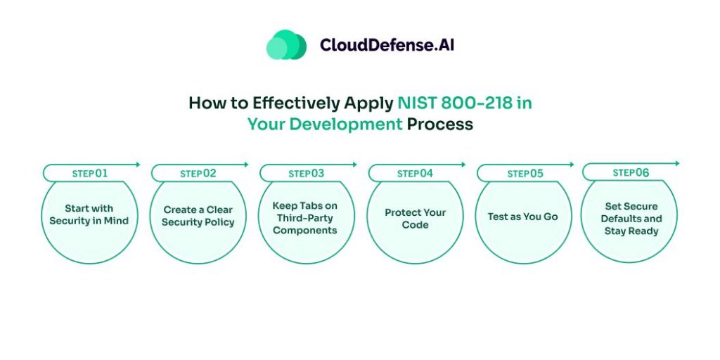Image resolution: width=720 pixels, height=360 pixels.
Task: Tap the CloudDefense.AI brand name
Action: click(x=387, y=45)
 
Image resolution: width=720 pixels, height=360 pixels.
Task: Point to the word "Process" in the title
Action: click(x=440, y=124)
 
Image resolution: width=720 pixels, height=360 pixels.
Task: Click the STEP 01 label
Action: click(x=90, y=173)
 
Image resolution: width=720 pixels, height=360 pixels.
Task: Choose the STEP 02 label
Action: click(x=198, y=174)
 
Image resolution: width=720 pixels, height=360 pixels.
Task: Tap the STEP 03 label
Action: click(x=307, y=173)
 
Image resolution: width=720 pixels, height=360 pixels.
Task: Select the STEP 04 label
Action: click(x=415, y=173)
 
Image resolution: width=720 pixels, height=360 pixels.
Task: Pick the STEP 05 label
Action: click(x=525, y=174)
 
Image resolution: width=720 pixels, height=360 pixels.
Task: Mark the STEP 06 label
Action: click(x=631, y=172)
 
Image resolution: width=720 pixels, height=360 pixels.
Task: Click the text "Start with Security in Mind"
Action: click(x=89, y=214)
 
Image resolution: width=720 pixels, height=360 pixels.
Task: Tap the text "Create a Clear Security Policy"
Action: click(x=198, y=216)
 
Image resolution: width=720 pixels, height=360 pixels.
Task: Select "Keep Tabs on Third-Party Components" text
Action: click(x=305, y=218)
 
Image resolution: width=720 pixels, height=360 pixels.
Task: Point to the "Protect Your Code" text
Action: click(x=415, y=219)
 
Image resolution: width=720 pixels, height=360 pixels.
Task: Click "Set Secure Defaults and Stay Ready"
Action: click(x=631, y=219)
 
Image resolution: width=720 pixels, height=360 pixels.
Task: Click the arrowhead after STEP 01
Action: click(x=138, y=165)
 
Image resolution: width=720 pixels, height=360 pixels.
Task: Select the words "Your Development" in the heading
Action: click(x=325, y=124)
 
